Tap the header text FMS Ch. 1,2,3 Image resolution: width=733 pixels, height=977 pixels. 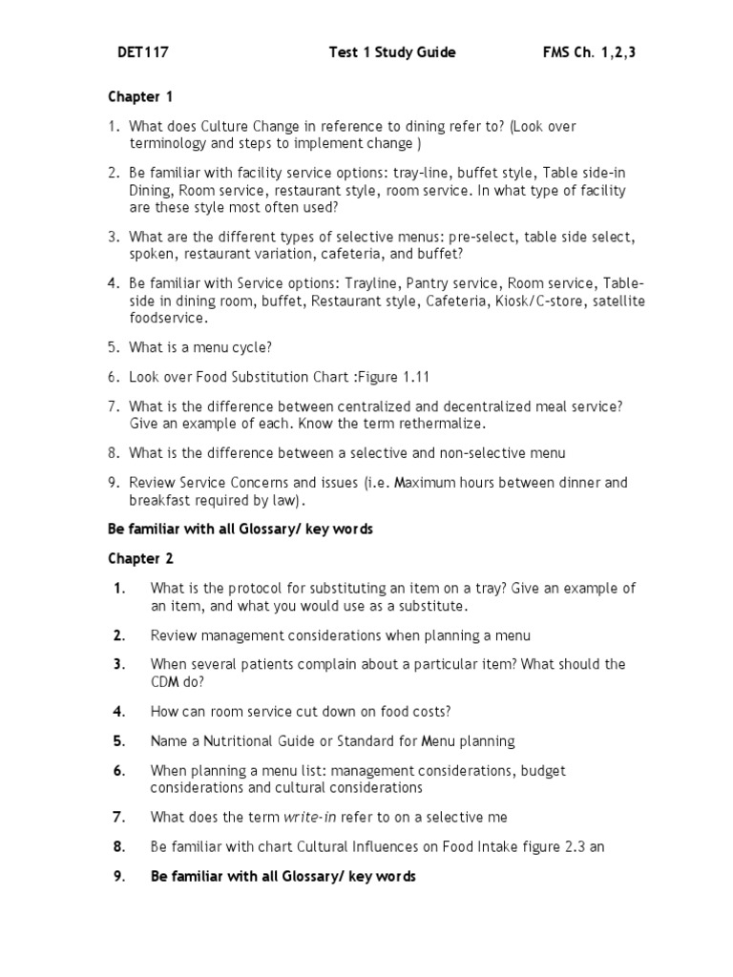click(588, 53)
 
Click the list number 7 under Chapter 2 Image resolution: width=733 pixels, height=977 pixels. click(118, 817)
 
